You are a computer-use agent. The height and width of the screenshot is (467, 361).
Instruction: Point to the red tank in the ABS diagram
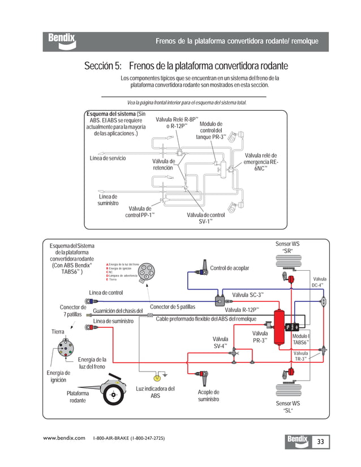click(278, 328)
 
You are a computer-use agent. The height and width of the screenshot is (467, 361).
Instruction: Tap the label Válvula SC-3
click(248, 295)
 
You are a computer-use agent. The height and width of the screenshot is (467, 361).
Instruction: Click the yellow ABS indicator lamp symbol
click(157, 377)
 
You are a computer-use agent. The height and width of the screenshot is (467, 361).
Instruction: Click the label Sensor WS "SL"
click(287, 407)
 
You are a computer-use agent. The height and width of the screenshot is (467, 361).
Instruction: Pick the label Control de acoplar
click(229, 268)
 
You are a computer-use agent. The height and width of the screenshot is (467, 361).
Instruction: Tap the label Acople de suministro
click(208, 396)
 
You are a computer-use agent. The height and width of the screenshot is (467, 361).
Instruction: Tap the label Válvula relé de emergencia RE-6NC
click(261, 162)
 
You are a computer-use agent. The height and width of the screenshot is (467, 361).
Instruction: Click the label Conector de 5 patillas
click(172, 307)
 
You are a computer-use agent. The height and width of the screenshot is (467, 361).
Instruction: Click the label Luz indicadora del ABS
click(155, 392)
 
